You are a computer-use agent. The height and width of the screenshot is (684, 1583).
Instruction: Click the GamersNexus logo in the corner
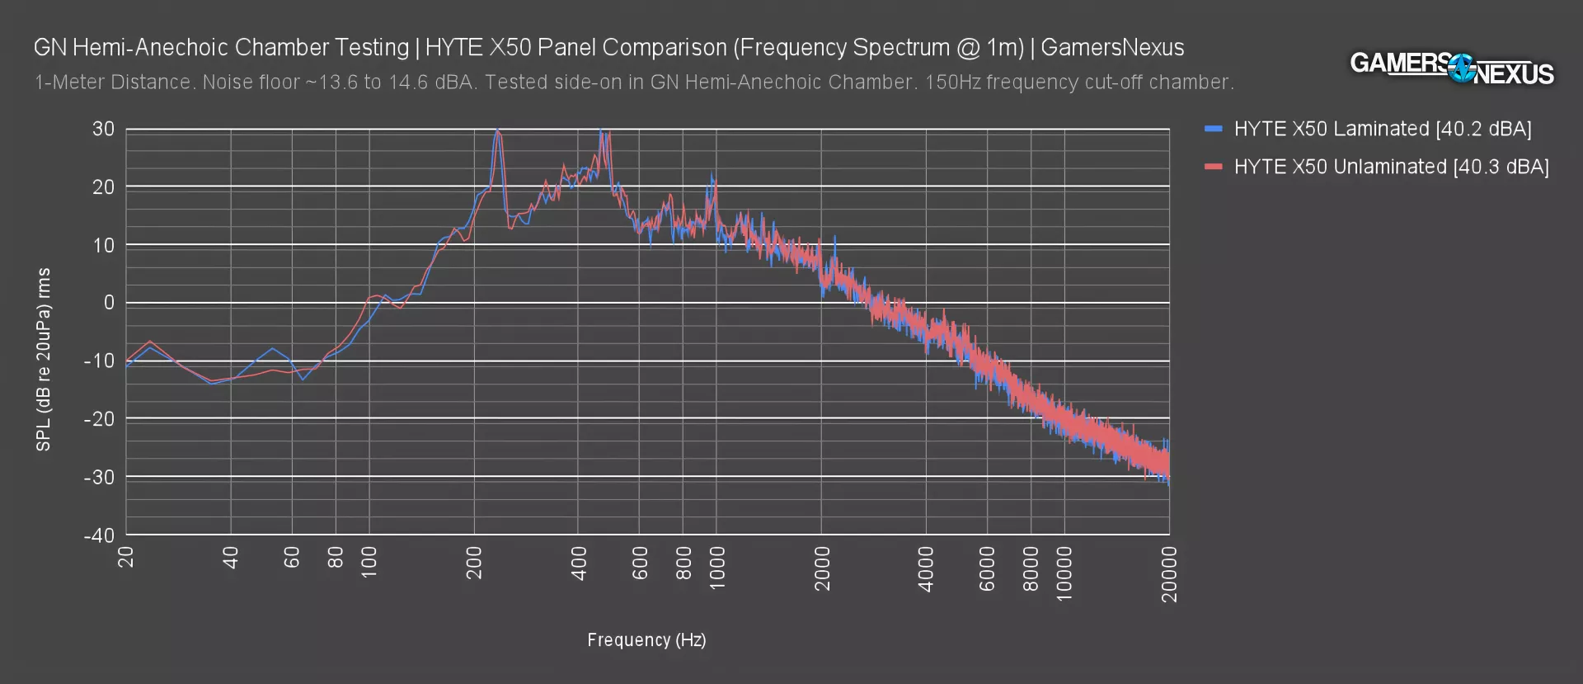pyautogui.click(x=1451, y=68)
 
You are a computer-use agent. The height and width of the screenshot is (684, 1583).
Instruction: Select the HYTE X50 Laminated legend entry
pyautogui.click(x=1382, y=130)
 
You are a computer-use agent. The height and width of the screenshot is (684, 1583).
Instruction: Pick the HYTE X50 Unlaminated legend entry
pyautogui.click(x=1391, y=167)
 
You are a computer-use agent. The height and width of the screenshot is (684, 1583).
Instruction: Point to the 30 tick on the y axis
pyautogui.click(x=104, y=130)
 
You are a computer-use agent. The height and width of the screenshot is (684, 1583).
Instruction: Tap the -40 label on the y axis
pyautogui.click(x=100, y=535)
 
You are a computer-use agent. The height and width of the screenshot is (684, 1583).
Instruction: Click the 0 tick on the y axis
pyautogui.click(x=109, y=304)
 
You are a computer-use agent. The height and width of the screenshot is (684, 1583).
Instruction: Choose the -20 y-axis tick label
pyautogui.click(x=100, y=419)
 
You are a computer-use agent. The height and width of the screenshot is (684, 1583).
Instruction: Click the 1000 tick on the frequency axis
pyautogui.click(x=717, y=568)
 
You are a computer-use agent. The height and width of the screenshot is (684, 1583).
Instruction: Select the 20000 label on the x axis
pyautogui.click(x=1169, y=574)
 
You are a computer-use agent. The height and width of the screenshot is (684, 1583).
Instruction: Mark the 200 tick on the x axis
pyautogui.click(x=474, y=563)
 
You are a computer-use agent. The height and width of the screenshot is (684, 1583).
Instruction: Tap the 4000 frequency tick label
pyautogui.click(x=926, y=568)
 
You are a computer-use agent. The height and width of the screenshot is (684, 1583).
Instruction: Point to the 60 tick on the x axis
pyautogui.click(x=292, y=558)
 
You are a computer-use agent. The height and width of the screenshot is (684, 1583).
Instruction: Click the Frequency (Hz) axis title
pyautogui.click(x=646, y=640)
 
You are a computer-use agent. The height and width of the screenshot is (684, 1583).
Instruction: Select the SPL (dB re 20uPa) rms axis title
pyautogui.click(x=44, y=360)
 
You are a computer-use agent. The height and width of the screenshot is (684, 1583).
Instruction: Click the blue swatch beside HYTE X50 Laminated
pyautogui.click(x=1213, y=130)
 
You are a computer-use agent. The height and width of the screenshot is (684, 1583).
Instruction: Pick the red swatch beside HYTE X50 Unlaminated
pyautogui.click(x=1213, y=167)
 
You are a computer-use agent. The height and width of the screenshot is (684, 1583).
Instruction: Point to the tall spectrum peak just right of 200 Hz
pyautogui.click(x=497, y=134)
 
